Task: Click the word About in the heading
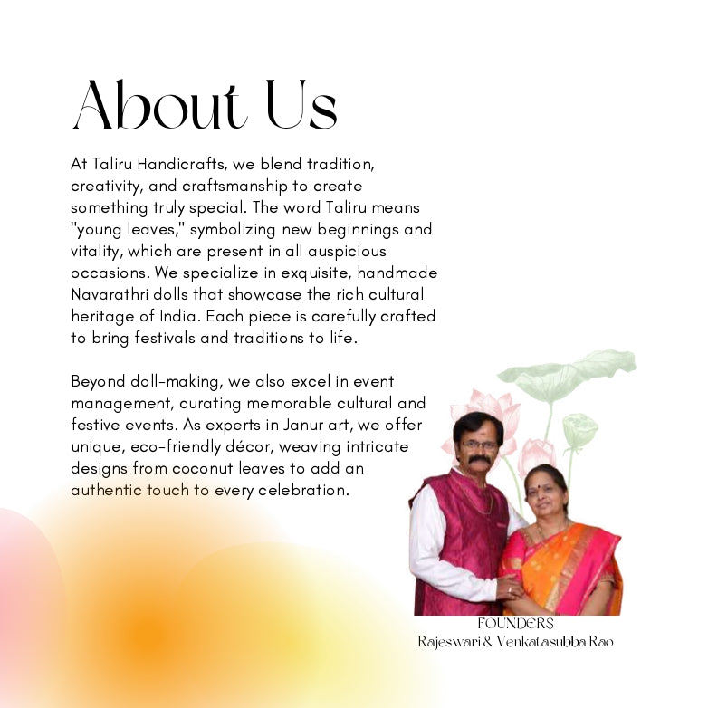point(158,106)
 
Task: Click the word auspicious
point(345,251)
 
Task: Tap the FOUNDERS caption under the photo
point(515,624)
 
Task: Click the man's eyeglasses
point(478,445)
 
